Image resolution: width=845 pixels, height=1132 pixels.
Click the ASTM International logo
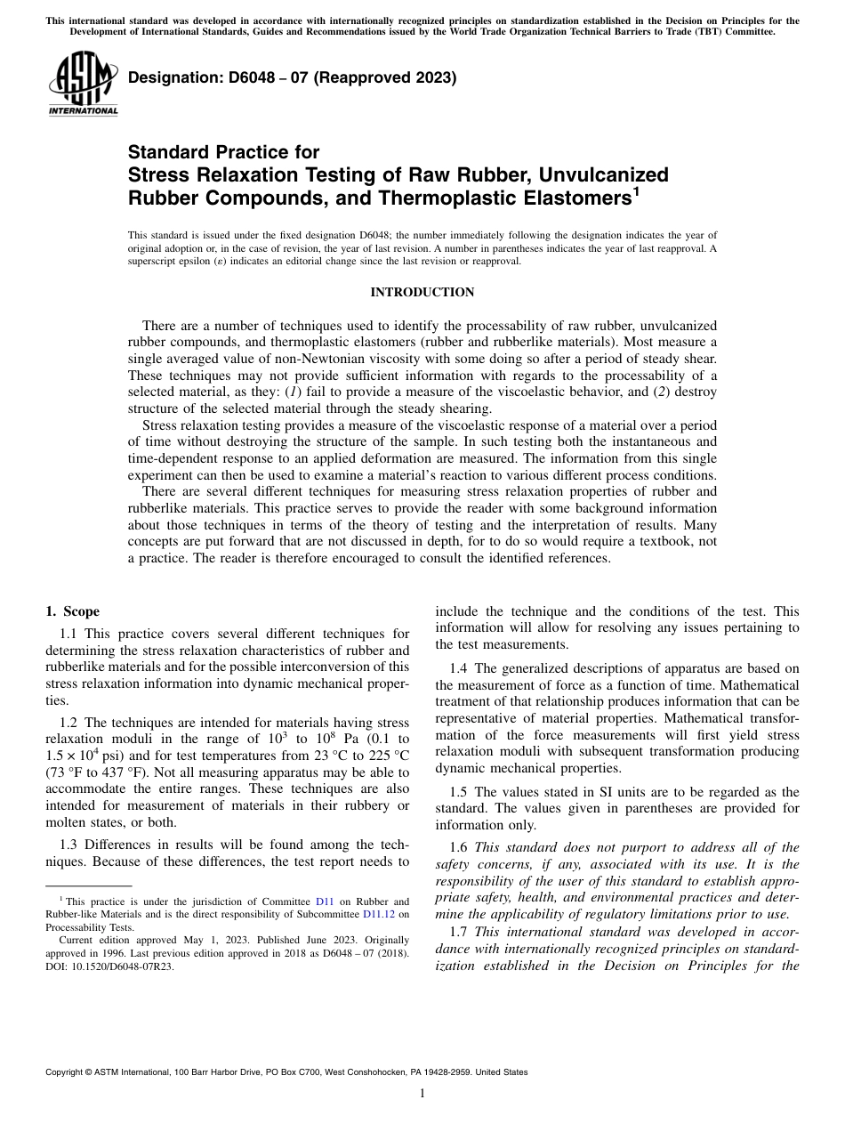(83, 85)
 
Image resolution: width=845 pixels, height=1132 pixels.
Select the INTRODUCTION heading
(422, 292)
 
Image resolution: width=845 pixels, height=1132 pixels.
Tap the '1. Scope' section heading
(72, 611)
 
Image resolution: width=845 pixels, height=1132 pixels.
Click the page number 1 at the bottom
(422, 1095)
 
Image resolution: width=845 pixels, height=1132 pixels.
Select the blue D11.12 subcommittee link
(380, 914)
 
